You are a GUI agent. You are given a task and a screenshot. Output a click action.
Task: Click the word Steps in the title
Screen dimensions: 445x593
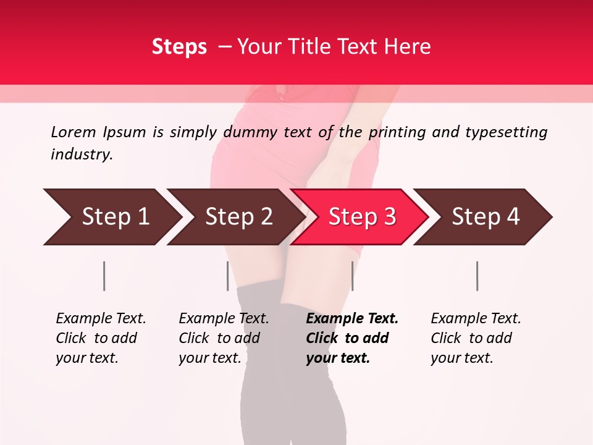(179, 47)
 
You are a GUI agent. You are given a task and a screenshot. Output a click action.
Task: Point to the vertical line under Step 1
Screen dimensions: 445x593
(104, 276)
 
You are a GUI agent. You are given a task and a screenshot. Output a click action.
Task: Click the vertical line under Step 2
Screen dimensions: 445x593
(227, 276)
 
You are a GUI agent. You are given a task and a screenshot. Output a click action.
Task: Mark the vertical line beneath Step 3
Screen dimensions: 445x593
(352, 276)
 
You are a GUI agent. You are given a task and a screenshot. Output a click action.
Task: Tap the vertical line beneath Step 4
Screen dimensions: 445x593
(477, 276)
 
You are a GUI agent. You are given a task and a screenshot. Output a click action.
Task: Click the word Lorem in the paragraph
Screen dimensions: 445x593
(74, 132)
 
